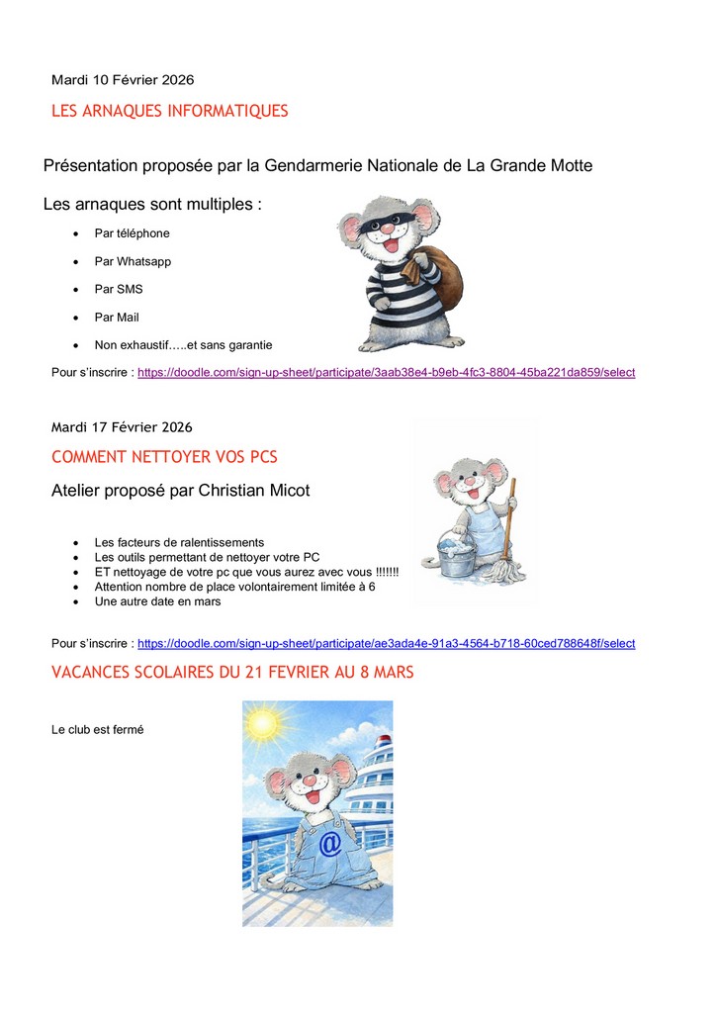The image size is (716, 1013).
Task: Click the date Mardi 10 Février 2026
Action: coord(124,79)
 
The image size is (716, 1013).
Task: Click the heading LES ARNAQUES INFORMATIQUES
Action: coord(169,111)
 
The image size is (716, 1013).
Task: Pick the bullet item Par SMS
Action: coord(119,290)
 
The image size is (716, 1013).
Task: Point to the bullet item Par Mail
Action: coord(117,318)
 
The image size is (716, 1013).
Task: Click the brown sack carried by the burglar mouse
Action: coord(444,277)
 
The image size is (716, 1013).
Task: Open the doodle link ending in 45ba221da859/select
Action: coord(386,373)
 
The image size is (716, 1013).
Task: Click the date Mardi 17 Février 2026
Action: coord(122,427)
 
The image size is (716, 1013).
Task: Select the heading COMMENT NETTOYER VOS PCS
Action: coord(164,457)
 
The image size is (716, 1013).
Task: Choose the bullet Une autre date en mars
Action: coord(157,601)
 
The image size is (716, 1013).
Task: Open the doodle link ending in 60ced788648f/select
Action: coord(386,644)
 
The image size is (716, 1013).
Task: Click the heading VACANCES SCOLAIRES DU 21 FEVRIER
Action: coord(232,673)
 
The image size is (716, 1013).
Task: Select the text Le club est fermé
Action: coord(98,730)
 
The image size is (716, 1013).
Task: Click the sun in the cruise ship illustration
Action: coord(263,724)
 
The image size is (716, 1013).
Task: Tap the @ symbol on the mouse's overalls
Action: coord(330,843)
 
